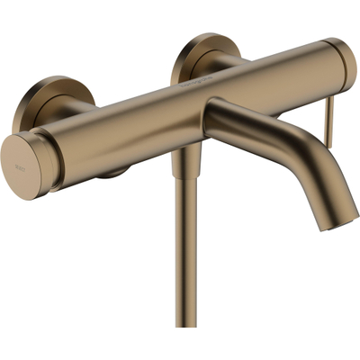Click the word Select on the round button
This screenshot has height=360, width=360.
(x=21, y=165)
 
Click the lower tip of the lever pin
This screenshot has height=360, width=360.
(x=329, y=142)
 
